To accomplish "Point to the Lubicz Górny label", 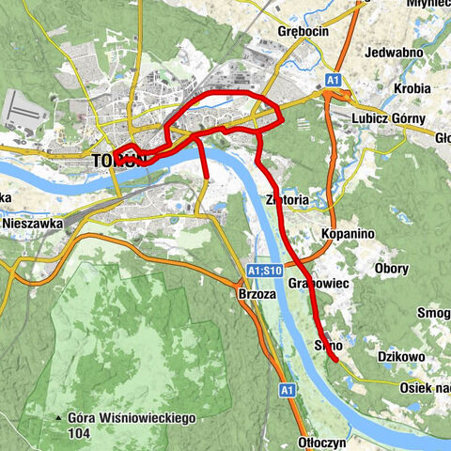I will (388, 119).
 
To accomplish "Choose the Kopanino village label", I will (348, 230).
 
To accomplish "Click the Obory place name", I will (392, 270).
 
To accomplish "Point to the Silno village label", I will (326, 346).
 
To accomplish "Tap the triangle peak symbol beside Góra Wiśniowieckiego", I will (58, 416).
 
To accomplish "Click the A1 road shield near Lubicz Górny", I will (333, 82).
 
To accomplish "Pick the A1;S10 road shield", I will (264, 271).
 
